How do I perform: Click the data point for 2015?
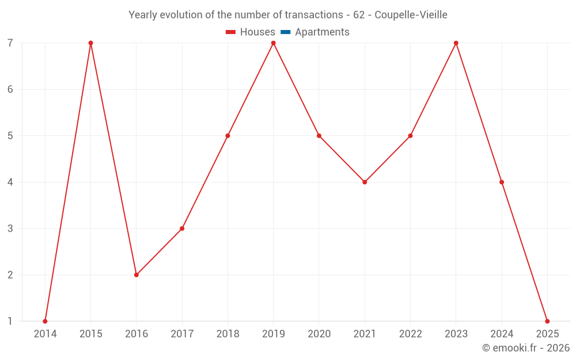(90, 43)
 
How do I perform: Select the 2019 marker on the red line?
(273, 43)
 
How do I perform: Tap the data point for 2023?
(456, 43)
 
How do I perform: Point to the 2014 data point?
(45, 321)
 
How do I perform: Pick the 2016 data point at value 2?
(137, 275)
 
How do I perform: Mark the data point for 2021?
(365, 182)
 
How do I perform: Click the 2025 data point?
(547, 321)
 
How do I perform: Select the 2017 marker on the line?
(182, 229)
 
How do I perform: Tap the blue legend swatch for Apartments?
(285, 32)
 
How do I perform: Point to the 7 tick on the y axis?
(10, 43)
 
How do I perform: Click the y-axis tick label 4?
(10, 182)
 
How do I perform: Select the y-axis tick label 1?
(10, 321)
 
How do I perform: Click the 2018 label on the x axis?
(228, 334)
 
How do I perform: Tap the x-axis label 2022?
(410, 334)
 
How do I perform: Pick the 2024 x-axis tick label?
(502, 334)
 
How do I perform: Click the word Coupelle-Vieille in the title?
(411, 15)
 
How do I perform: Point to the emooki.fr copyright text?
(526, 348)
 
